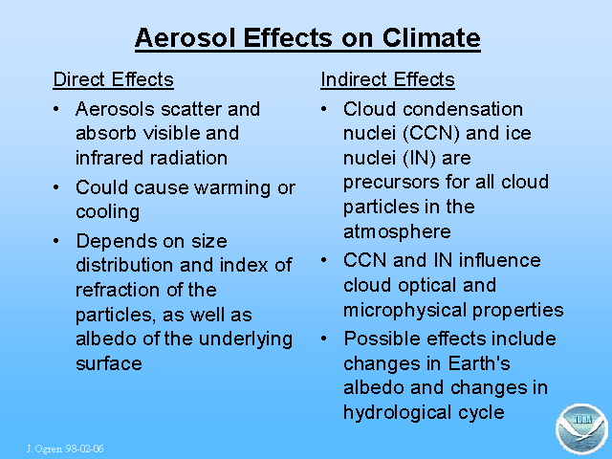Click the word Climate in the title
(x=431, y=38)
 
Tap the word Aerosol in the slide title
(x=185, y=38)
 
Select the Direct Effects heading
(x=113, y=79)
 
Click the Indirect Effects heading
(x=387, y=79)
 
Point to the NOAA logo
(x=581, y=428)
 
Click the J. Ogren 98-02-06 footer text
(x=65, y=448)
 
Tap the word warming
(x=232, y=188)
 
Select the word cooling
(x=107, y=212)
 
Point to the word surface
(x=109, y=363)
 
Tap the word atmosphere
(x=397, y=231)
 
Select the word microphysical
(x=404, y=310)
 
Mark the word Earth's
(x=479, y=363)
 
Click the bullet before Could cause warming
(x=56, y=187)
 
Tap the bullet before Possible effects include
(x=324, y=339)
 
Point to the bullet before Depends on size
(x=56, y=241)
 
